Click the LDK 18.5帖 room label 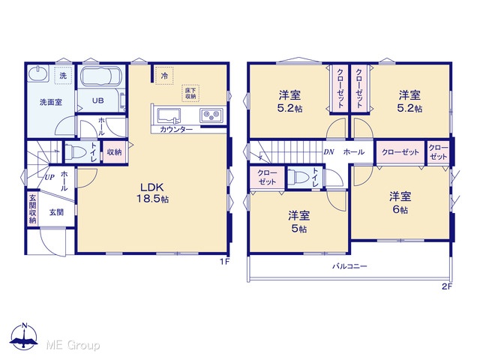[152, 193]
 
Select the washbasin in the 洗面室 [38, 73]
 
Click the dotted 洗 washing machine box [63, 75]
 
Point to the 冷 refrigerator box [164, 75]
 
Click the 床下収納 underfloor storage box [190, 93]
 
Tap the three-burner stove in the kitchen [211, 115]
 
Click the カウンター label [176, 130]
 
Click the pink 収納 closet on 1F [115, 151]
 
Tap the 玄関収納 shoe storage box [32, 209]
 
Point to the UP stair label [49, 177]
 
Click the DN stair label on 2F [328, 151]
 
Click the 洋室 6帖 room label [400, 202]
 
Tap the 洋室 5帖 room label [298, 222]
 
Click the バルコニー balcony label [350, 266]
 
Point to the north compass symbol [24, 337]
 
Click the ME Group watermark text [73, 345]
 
